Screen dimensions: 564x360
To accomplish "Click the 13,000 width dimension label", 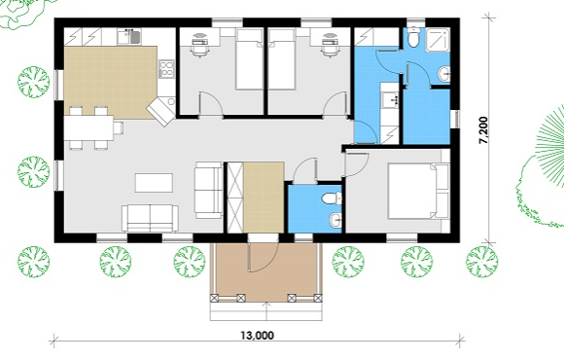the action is pyautogui.click(x=257, y=336).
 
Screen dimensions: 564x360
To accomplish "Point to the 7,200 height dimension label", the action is pyautogui.click(x=483, y=130).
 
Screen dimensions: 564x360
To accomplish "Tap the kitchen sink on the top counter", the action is pyautogui.click(x=128, y=37).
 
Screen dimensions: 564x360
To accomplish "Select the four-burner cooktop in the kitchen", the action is pyautogui.click(x=166, y=69).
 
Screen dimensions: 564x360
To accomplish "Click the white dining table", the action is pyautogui.click(x=89, y=127).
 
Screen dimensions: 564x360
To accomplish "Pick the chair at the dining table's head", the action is pyautogui.click(x=119, y=127).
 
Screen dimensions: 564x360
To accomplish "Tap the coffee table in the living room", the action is pyautogui.click(x=154, y=183).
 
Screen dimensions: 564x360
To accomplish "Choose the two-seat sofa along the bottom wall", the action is pyautogui.click(x=150, y=218).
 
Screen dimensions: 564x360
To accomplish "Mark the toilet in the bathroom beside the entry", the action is pyautogui.click(x=332, y=198).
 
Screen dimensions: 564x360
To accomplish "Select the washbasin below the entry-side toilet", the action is pyautogui.click(x=335, y=220).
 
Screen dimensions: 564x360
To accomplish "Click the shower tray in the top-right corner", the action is pyautogui.click(x=438, y=40).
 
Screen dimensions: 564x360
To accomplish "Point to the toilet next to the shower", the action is pyautogui.click(x=413, y=37).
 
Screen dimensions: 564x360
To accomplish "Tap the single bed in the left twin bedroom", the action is pyautogui.click(x=250, y=59).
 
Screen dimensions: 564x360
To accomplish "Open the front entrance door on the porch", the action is pyautogui.click(x=264, y=256).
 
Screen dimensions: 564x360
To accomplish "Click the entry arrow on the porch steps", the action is pyautogui.click(x=266, y=311).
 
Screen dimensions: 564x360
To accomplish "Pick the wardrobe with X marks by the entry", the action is pyautogui.click(x=236, y=198).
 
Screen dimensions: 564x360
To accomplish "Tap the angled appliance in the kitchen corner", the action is pyautogui.click(x=160, y=111).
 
